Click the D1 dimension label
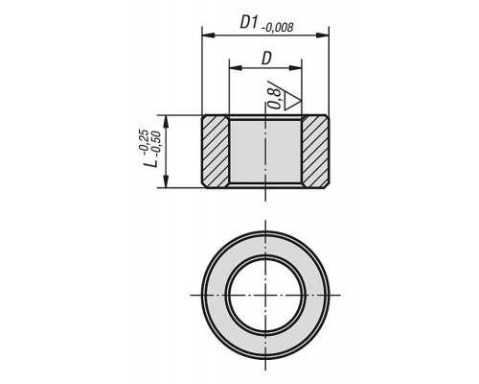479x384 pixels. pos(249,23)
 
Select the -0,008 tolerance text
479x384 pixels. pos(277,28)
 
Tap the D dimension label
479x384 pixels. pos(266,59)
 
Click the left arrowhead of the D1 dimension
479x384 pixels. pos(208,36)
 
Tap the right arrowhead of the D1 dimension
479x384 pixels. pos(323,36)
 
